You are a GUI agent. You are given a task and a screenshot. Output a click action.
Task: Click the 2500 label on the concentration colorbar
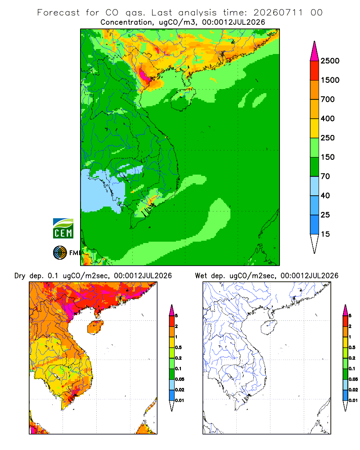pyautogui.click(x=330, y=61)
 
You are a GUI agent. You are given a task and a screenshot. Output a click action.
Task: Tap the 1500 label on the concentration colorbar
pyautogui.click(x=330, y=80)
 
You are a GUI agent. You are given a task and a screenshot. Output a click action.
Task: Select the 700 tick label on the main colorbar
pyautogui.click(x=328, y=99)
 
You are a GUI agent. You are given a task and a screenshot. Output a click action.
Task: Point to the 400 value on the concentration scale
pyautogui.click(x=328, y=118)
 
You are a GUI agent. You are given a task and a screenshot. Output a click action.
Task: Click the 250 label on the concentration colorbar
pyautogui.click(x=328, y=138)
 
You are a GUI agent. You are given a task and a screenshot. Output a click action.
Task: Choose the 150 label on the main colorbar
pyautogui.click(x=328, y=157)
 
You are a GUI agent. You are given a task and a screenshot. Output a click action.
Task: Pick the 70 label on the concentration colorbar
pyautogui.click(x=325, y=176)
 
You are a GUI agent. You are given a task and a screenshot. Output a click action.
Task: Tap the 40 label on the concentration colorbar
pyautogui.click(x=325, y=195)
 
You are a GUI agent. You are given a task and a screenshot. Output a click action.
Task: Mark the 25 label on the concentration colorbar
pyautogui.click(x=325, y=215)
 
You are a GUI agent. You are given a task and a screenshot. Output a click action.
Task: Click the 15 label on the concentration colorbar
pyautogui.click(x=325, y=234)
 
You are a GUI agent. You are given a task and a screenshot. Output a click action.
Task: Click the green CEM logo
pyautogui.click(x=63, y=229)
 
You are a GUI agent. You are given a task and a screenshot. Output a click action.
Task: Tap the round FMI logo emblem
pyautogui.click(x=60, y=253)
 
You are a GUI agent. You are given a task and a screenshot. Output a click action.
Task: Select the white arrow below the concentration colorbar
pyautogui.click(x=315, y=243)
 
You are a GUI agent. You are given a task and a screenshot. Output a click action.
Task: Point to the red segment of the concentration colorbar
pyautogui.click(x=315, y=71)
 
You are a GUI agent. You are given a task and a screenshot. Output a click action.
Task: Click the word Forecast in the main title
pyautogui.click(x=58, y=13)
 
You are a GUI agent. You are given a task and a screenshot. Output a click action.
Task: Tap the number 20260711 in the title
pyautogui.click(x=278, y=13)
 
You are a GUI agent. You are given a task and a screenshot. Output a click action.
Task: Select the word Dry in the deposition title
pyautogui.click(x=20, y=276)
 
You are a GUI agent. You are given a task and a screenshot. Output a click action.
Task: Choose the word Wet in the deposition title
pyautogui.click(x=201, y=276)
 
